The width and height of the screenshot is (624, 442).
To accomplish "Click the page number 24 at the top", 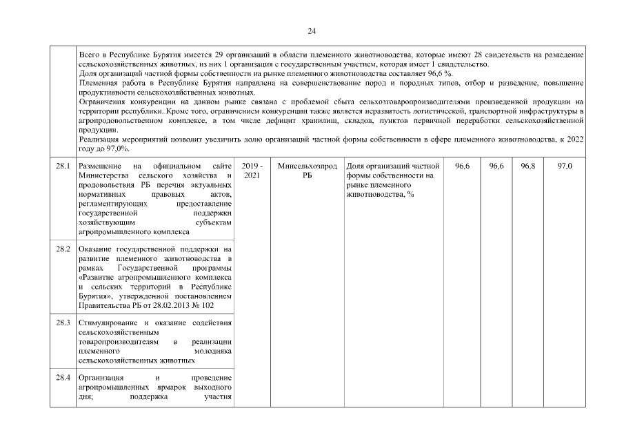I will click(312, 31).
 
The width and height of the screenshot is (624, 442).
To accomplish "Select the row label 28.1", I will click(63, 167).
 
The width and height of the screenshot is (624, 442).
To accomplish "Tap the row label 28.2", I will click(63, 249).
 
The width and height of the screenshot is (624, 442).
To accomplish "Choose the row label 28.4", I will click(63, 378).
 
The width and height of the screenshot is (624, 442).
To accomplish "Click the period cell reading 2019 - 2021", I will click(253, 171).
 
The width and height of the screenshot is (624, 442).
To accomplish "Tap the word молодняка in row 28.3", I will click(213, 351).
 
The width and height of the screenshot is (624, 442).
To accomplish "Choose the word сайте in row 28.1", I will click(221, 167).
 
